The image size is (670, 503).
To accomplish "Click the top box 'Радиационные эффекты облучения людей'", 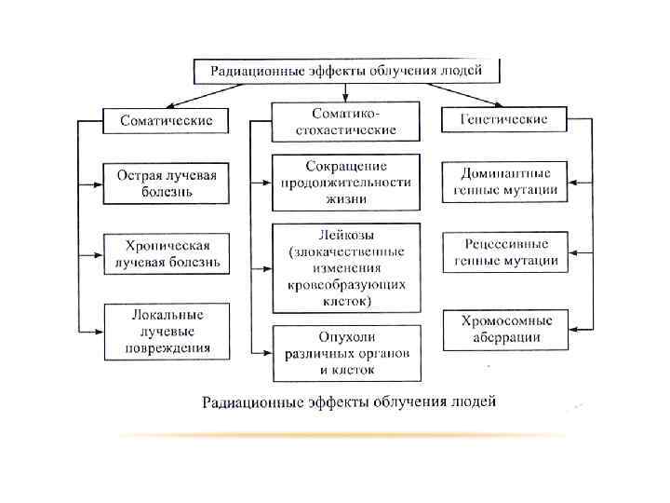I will tap(346, 71).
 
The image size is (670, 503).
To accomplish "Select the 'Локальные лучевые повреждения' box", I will tap(167, 332).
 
